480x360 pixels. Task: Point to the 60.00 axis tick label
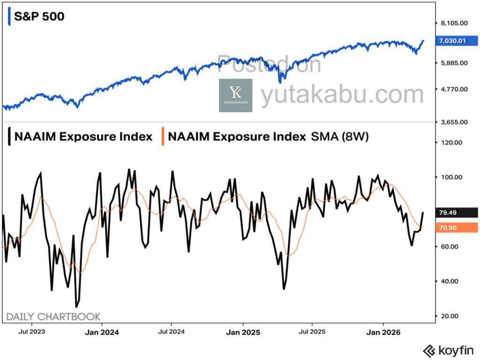450,247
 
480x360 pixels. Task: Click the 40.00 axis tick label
450,281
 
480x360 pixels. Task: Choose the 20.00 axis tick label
450,316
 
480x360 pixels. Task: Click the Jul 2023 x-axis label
32,332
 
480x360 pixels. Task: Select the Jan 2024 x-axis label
103,332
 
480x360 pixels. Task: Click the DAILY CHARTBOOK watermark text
53,317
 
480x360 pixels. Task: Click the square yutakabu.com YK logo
235,95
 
